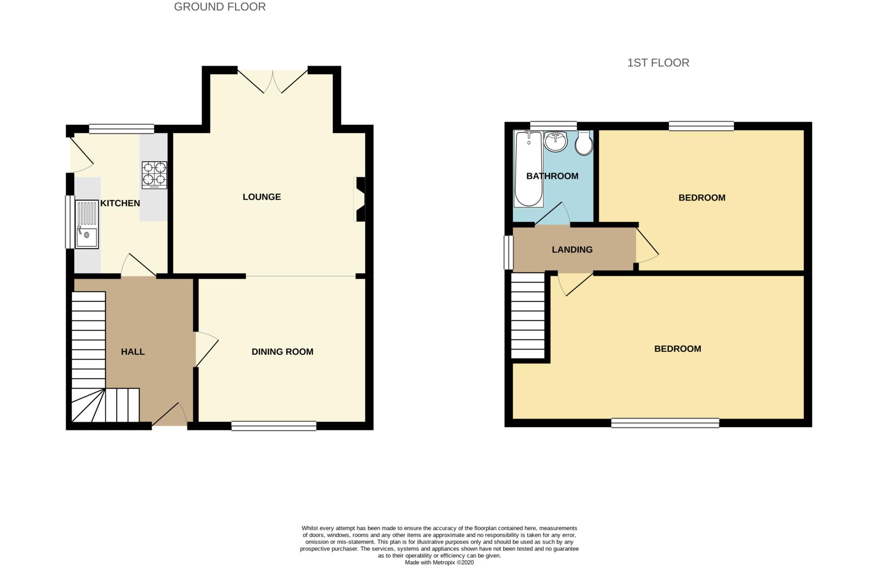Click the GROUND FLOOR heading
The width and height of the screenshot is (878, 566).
click(219, 7)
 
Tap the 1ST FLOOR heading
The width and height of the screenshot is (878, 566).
click(658, 63)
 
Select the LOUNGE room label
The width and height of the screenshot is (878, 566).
click(262, 197)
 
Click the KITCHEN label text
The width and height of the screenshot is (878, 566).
click(120, 203)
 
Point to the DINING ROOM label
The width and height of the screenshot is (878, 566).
click(282, 352)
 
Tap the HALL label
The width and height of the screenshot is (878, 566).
click(132, 352)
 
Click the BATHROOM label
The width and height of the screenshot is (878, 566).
click(552, 176)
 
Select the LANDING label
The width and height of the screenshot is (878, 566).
click(572, 249)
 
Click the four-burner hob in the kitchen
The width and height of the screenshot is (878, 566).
click(154, 175)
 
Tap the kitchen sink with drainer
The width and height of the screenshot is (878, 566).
click(87, 224)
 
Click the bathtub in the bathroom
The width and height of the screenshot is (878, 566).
click(528, 169)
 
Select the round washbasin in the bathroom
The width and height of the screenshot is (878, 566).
click(556, 141)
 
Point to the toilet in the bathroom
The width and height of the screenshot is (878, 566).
click(583, 143)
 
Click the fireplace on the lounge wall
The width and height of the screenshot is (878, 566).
click(359, 199)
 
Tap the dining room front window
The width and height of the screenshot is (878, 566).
click(274, 425)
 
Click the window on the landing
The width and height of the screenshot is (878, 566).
click(508, 252)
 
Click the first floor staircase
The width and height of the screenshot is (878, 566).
click(528, 316)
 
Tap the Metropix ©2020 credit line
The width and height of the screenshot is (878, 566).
click(439, 563)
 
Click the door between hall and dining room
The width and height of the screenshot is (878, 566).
click(207, 349)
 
